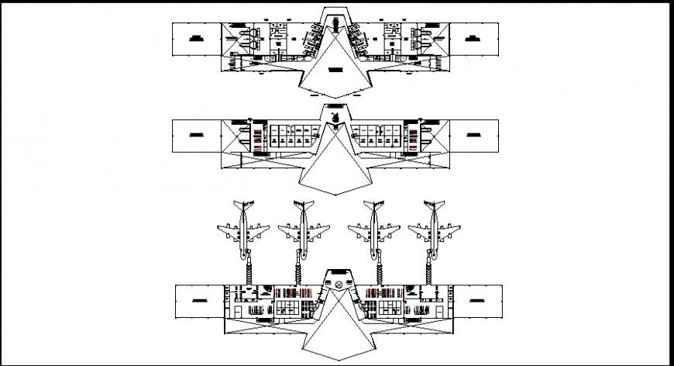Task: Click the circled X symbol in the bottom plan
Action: click(x=338, y=285)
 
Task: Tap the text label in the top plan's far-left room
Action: click(x=198, y=37)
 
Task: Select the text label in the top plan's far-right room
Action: click(x=474, y=37)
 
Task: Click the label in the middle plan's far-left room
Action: click(x=198, y=135)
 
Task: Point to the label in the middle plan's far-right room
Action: click(x=474, y=135)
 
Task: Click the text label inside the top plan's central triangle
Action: click(x=336, y=71)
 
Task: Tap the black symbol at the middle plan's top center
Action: click(x=336, y=116)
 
